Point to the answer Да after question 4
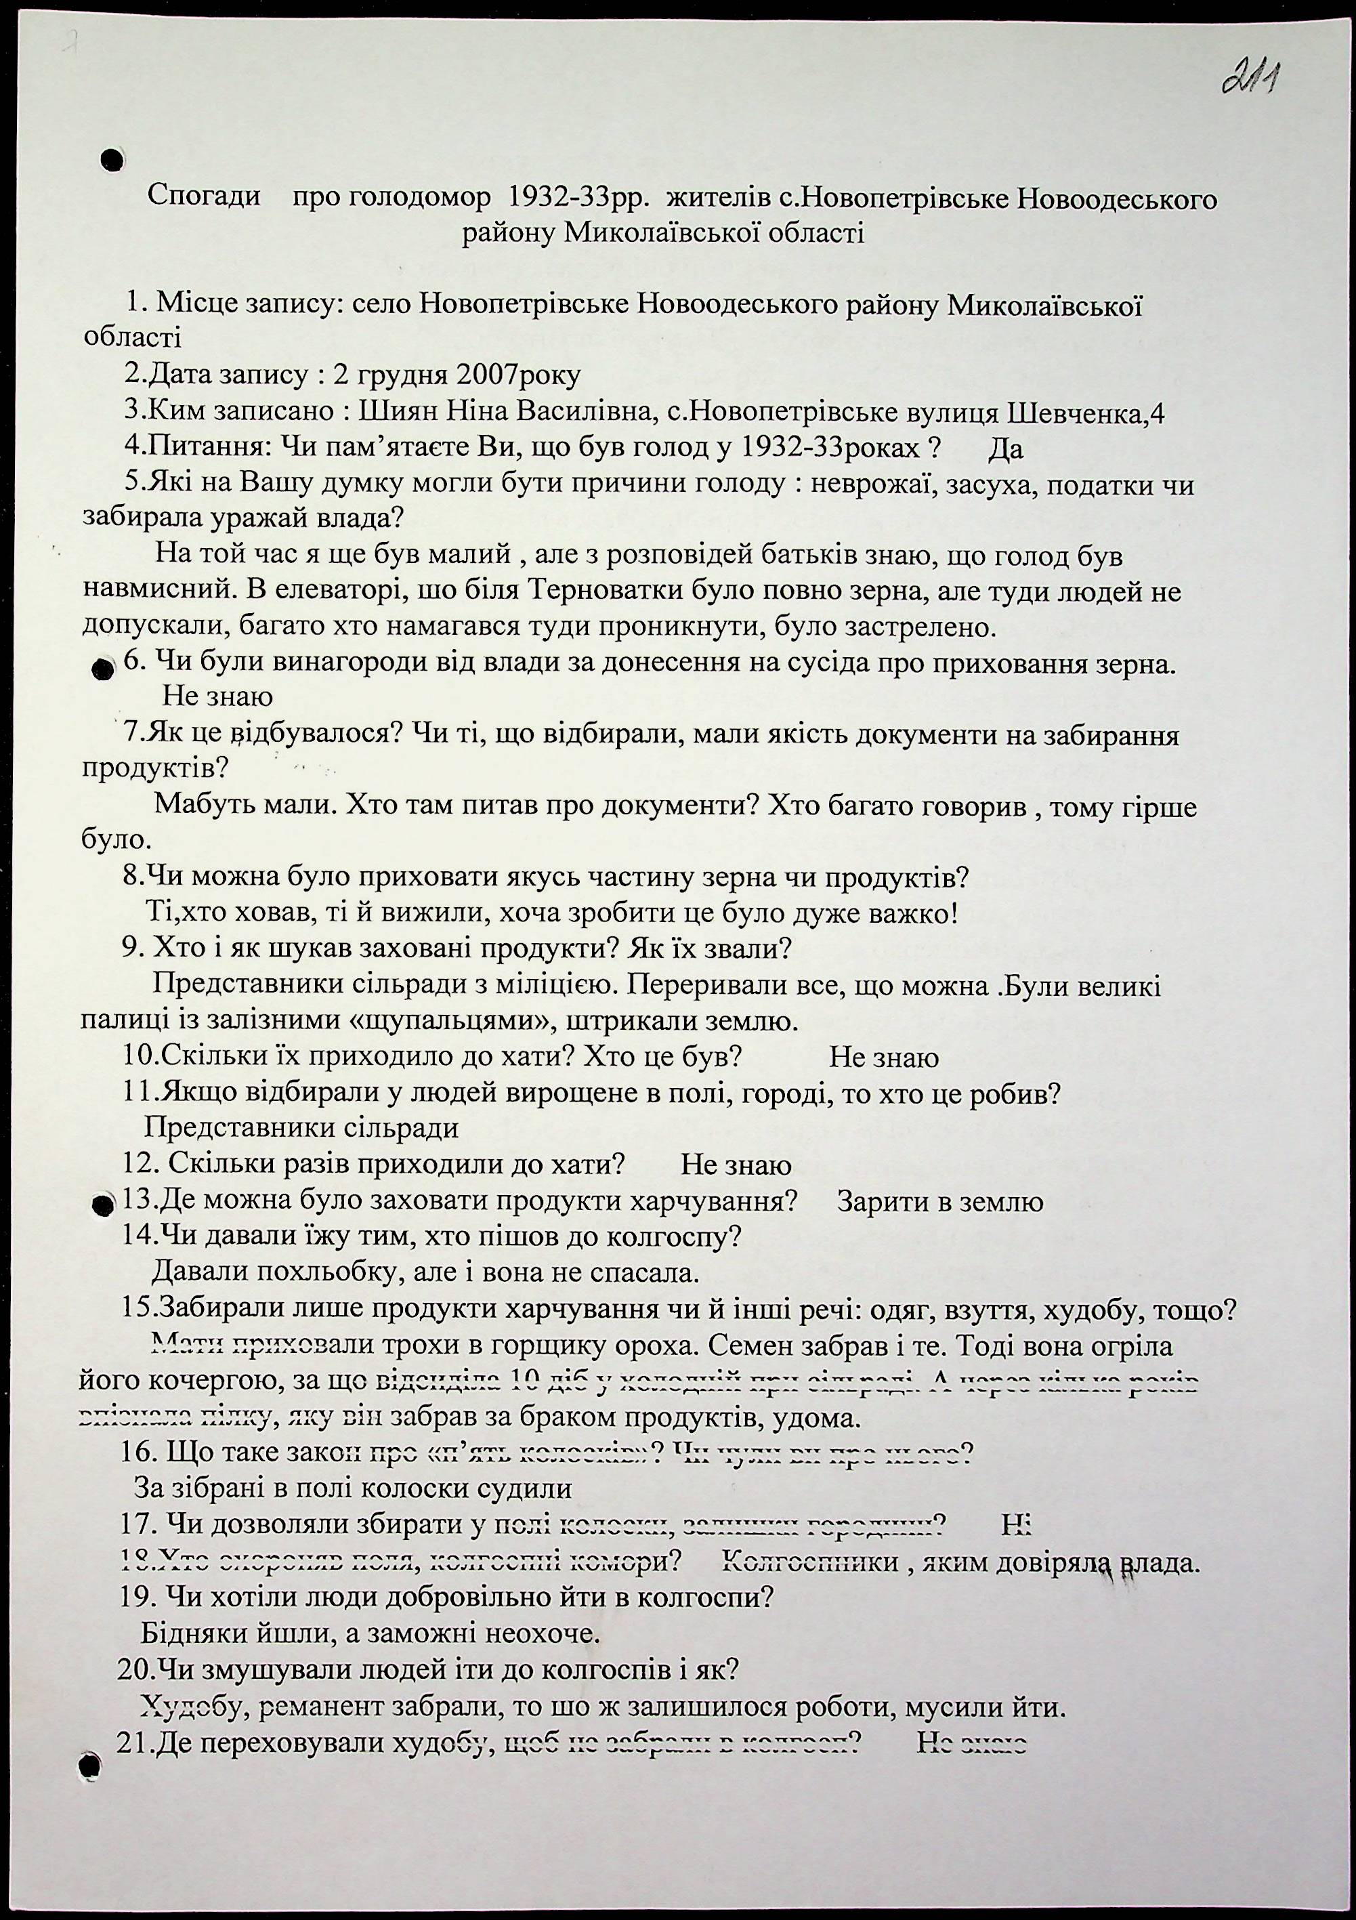[x=1005, y=450]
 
